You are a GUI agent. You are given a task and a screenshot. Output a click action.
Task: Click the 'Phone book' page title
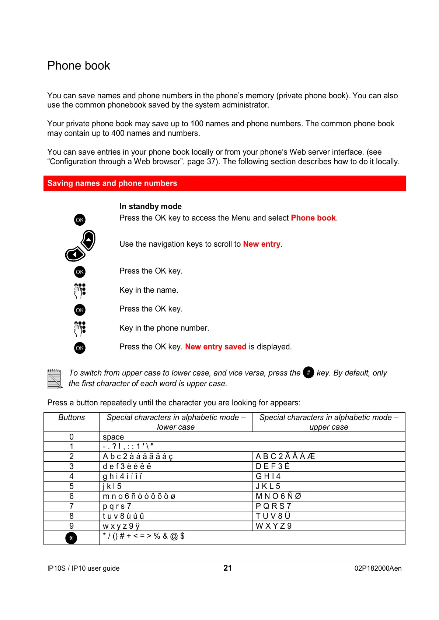(79, 66)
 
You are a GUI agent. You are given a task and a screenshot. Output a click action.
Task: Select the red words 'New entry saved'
(216, 347)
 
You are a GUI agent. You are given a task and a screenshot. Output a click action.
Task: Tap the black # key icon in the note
(309, 373)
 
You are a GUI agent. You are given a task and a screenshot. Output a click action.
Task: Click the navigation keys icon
(81, 246)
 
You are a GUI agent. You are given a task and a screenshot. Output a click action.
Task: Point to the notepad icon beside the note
(55, 379)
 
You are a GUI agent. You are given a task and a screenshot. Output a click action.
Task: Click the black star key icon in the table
(71, 538)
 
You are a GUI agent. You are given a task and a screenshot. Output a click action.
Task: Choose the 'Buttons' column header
(72, 418)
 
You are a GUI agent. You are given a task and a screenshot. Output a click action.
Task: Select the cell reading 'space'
(114, 437)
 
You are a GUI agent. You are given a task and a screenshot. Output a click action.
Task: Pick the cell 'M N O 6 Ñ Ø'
(278, 496)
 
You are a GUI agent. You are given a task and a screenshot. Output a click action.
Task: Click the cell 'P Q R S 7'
(273, 506)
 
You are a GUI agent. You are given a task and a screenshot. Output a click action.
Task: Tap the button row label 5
(72, 486)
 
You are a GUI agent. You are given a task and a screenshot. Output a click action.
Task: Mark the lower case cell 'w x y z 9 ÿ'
(121, 526)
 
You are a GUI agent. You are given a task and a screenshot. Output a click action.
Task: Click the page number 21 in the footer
(228, 568)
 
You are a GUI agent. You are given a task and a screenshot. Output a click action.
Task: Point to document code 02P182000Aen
(378, 568)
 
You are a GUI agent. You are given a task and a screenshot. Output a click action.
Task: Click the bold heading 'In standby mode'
(150, 207)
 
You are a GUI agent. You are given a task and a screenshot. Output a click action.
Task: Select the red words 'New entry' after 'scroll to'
(262, 244)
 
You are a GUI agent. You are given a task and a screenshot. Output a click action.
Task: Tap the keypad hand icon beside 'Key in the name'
(80, 290)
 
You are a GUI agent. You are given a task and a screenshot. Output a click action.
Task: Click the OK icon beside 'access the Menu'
(80, 220)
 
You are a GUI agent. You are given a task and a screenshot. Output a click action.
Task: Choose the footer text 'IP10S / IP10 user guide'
(83, 568)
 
